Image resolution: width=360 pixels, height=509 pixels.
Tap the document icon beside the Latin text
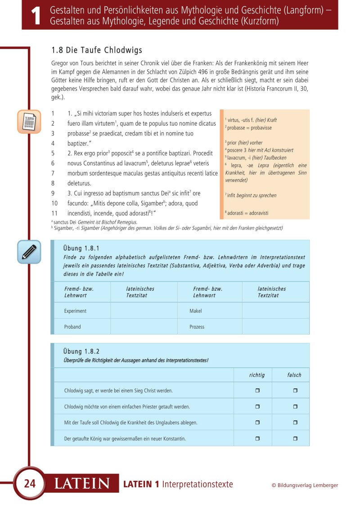tap(29, 122)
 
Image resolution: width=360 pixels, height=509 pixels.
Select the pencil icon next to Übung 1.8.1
tap(29, 252)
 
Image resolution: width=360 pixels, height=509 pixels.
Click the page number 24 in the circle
tap(30, 484)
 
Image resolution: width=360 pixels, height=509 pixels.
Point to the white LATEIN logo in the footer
tap(82, 484)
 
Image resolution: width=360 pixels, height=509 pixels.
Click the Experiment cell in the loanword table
tap(75, 311)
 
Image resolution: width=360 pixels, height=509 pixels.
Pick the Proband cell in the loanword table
tap(72, 327)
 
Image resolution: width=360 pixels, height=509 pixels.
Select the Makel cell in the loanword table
tap(196, 311)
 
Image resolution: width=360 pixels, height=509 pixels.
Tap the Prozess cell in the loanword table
tap(197, 327)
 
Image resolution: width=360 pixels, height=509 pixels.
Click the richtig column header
tap(257, 375)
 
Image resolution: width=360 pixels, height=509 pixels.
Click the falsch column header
tap(294, 375)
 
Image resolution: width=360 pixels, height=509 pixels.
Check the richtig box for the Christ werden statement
tap(257, 391)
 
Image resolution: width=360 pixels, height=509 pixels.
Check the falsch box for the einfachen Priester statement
tap(295, 406)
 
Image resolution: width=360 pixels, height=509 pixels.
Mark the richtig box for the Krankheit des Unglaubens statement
tap(257, 423)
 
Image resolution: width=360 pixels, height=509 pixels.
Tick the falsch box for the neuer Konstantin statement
tap(295, 438)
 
